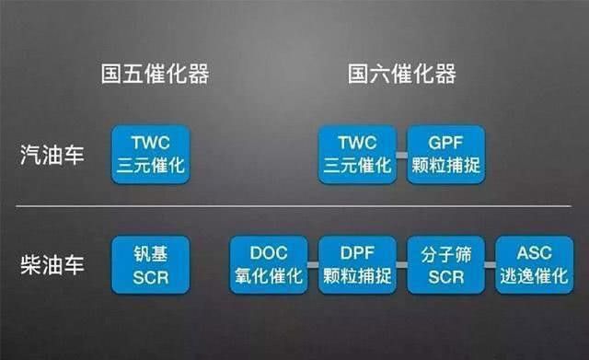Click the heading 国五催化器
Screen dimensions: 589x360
(155, 75)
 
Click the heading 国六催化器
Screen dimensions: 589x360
(402, 75)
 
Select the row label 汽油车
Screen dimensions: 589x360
(52, 154)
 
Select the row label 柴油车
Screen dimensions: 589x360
(52, 265)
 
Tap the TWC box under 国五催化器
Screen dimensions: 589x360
(151, 154)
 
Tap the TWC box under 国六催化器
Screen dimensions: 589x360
(357, 154)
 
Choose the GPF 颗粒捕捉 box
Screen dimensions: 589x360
(445, 154)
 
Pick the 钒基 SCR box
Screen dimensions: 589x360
(151, 265)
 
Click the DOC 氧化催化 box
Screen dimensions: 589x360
(268, 265)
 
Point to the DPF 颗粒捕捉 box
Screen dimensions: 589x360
(357, 265)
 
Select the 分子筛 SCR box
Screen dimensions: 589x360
(445, 265)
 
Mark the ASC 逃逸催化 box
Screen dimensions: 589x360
(534, 265)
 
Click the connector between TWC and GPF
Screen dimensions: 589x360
(401, 155)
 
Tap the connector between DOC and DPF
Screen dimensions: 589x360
(313, 266)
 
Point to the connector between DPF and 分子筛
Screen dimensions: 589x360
(401, 266)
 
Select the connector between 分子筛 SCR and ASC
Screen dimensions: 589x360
(490, 266)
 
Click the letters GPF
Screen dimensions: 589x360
(445, 143)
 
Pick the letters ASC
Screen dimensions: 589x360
(534, 254)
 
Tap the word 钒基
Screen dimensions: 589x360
(151, 254)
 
